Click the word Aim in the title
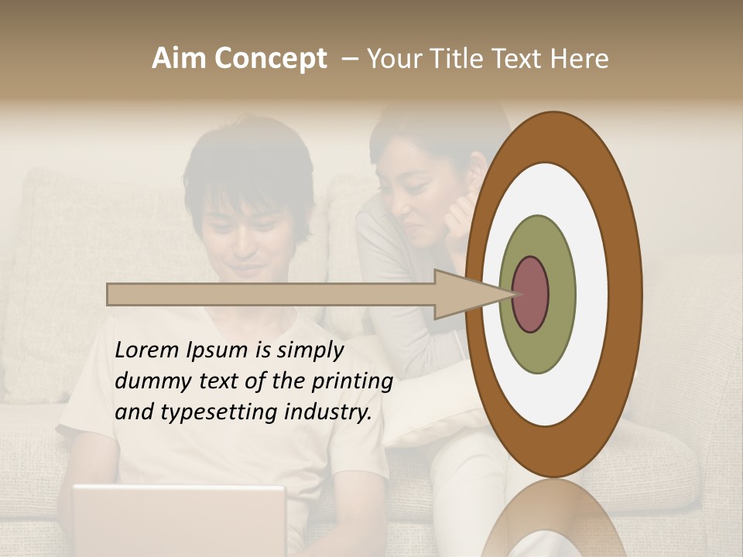(180, 59)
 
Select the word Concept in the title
(270, 59)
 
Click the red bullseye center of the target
(531, 295)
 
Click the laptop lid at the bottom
(179, 518)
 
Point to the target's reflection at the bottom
(554, 518)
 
